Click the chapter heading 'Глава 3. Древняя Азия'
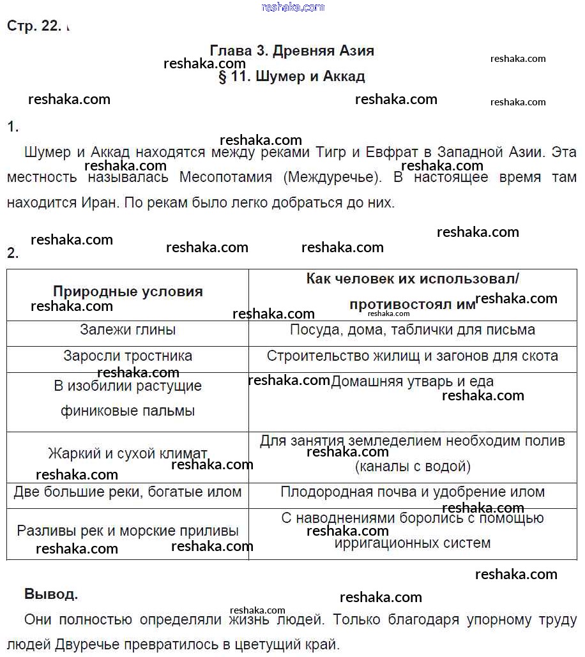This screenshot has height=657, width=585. [x=292, y=50]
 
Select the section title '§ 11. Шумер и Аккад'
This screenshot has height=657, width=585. [x=292, y=77]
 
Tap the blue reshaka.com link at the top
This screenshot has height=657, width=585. [x=293, y=7]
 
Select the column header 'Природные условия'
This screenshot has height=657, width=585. [x=128, y=292]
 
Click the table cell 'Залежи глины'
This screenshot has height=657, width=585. [x=128, y=330]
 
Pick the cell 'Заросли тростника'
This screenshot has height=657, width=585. [x=128, y=356]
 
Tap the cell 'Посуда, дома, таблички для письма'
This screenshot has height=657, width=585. [x=413, y=330]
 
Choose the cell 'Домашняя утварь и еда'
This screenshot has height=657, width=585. [x=413, y=382]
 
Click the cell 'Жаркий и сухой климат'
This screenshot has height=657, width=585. [x=128, y=454]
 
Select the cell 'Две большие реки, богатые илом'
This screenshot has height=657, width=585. [x=128, y=492]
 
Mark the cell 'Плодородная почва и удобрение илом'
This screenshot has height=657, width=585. [x=413, y=492]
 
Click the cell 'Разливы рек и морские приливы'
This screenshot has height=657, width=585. [x=128, y=531]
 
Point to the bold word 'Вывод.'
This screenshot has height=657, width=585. [x=51, y=594]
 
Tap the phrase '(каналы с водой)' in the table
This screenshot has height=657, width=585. [x=413, y=467]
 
